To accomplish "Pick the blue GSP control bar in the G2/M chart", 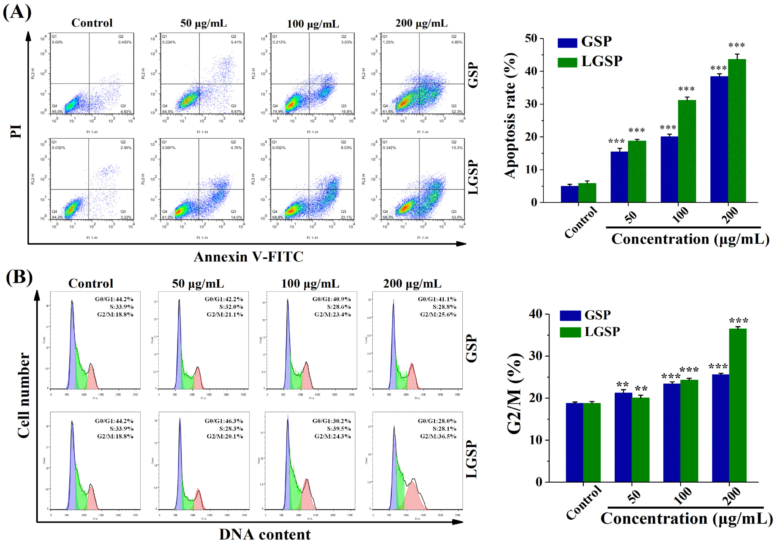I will click(x=575, y=442).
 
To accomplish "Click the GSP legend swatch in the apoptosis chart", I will click(x=567, y=43).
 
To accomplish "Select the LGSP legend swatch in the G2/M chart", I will click(x=570, y=332).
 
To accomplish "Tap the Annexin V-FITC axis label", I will click(x=248, y=257).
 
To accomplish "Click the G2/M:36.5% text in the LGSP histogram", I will click(x=438, y=436).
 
